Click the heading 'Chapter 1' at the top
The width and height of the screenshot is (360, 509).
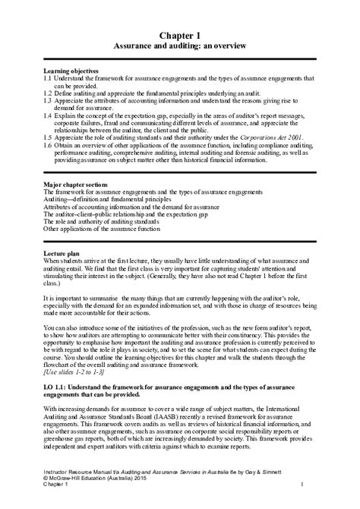[180, 35]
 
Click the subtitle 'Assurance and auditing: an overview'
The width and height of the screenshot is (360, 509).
[180, 46]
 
